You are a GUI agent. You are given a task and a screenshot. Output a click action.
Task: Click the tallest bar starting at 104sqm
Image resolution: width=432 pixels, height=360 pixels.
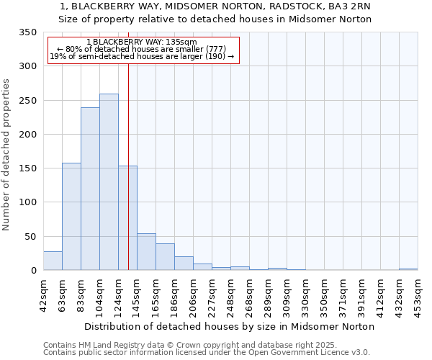(109, 182)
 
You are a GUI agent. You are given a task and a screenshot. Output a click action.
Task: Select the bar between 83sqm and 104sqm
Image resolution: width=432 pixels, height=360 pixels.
(90, 189)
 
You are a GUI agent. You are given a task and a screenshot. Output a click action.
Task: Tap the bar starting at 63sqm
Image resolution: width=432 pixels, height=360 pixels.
(71, 216)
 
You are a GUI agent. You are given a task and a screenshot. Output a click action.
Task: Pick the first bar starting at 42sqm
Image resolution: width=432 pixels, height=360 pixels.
(53, 261)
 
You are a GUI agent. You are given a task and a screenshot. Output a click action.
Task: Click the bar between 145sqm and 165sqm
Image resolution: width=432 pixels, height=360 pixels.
(146, 252)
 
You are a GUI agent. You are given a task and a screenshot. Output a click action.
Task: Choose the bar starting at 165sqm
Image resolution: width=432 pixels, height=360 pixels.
(165, 257)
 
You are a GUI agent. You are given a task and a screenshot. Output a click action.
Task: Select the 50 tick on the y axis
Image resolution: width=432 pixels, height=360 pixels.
(30, 236)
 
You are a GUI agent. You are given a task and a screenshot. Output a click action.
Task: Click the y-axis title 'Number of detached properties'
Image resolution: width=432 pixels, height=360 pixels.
(6, 154)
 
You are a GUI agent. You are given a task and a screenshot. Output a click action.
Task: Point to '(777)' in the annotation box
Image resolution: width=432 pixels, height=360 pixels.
(218, 49)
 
